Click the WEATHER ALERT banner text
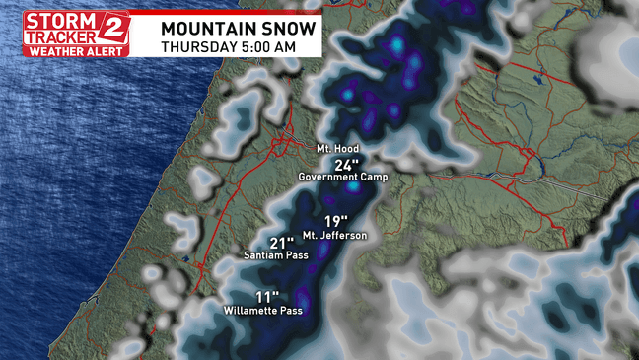[76, 49]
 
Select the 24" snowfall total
[347, 164]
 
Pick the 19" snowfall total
[337, 222]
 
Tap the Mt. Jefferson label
[334, 235]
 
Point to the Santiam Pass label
[276, 255]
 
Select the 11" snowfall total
[267, 297]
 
